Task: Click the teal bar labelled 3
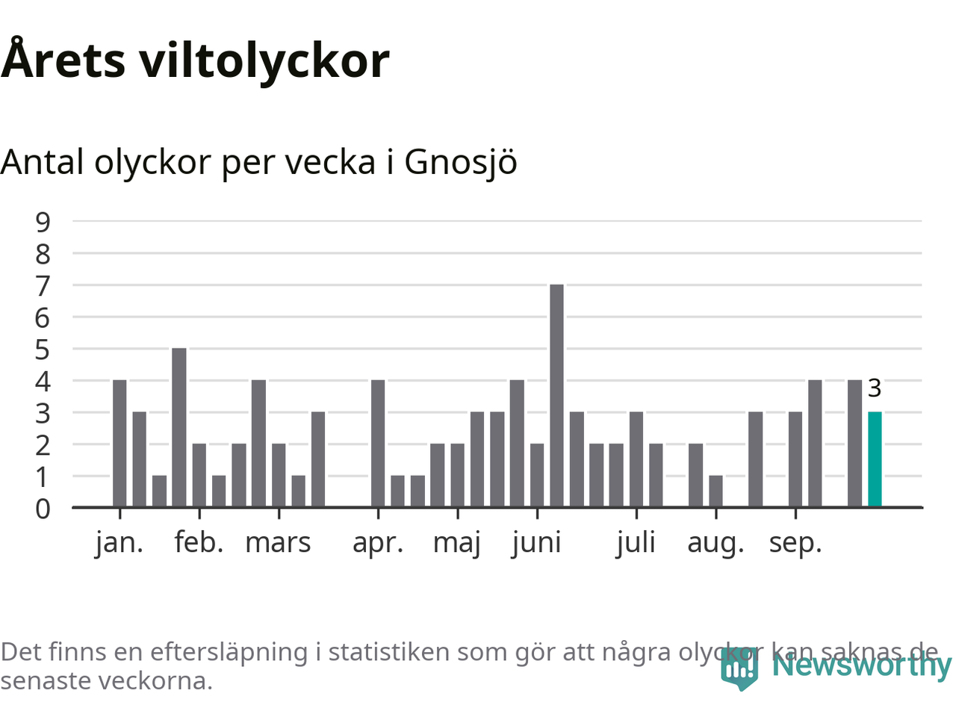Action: pyautogui.click(x=875, y=459)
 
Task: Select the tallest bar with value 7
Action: pyautogui.click(x=556, y=396)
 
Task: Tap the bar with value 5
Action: pyautogui.click(x=179, y=427)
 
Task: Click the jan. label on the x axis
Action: pyautogui.click(x=119, y=543)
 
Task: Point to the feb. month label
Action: pyautogui.click(x=199, y=543)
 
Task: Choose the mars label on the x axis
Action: pyautogui.click(x=278, y=543)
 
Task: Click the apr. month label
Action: pyautogui.click(x=378, y=543)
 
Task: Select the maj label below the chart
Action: pyautogui.click(x=457, y=543)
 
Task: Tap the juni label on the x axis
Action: pyautogui.click(x=536, y=543)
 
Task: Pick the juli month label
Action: pyautogui.click(x=636, y=543)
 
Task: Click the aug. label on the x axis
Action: pyautogui.click(x=716, y=543)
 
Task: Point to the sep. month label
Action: pyautogui.click(x=795, y=543)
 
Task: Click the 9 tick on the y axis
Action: pyautogui.click(x=43, y=222)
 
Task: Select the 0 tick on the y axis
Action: pyautogui.click(x=43, y=509)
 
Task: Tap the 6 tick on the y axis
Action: pyautogui.click(x=43, y=317)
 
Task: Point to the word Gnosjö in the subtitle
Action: pyautogui.click(x=460, y=162)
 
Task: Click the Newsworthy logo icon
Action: pyautogui.click(x=739, y=668)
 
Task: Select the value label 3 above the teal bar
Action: pyautogui.click(x=875, y=388)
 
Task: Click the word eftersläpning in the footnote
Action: pyautogui.click(x=229, y=652)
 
